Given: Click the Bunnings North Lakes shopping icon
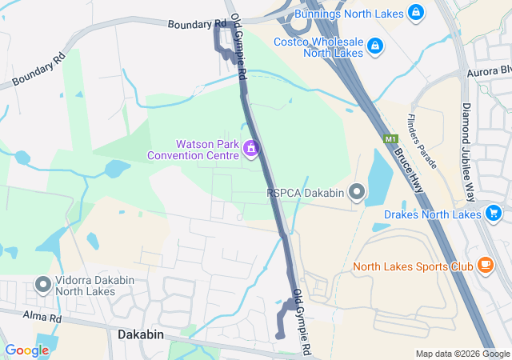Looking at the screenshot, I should coord(415,13).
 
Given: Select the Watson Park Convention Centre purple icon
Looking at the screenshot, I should coord(251,149).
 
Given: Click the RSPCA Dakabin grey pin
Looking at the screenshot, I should coord(357,192).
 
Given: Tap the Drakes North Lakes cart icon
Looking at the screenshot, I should coord(493,214).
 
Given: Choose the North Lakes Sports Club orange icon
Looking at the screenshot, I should coord(485,266).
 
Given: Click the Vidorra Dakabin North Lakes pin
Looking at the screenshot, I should coord(43,284).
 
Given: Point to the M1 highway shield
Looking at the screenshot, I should coord(390,139).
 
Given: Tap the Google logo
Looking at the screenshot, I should coord(26,350).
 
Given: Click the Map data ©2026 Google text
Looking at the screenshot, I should coord(462,354).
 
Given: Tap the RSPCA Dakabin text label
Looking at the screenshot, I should coord(307,192).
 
